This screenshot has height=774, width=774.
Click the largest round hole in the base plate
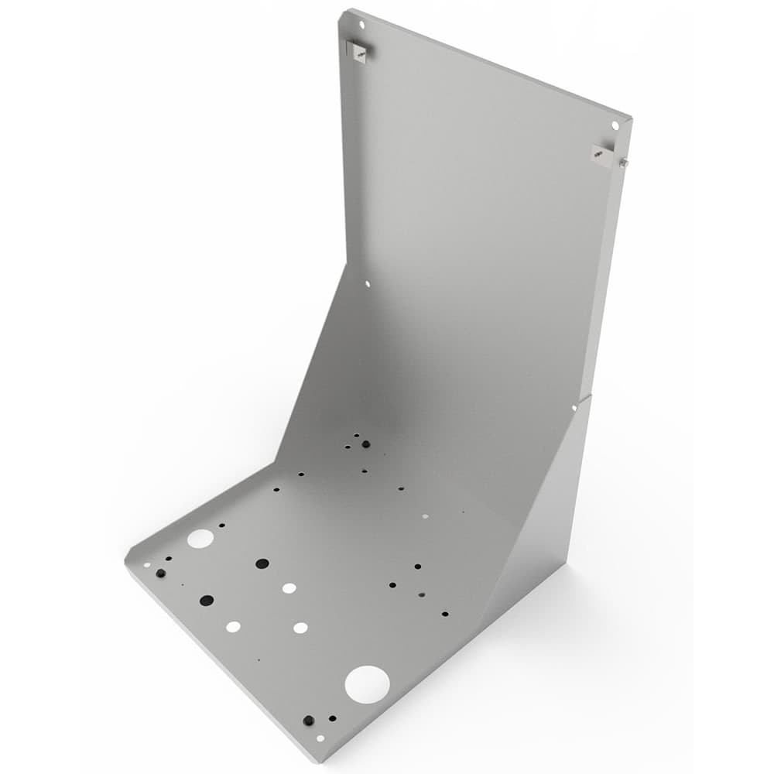(x=367, y=684)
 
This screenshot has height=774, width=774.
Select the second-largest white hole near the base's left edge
(x=200, y=539)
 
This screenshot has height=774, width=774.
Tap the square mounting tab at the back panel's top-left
(x=357, y=51)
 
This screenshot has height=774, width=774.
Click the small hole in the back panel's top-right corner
(x=615, y=125)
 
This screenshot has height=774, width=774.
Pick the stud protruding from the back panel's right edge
(x=623, y=163)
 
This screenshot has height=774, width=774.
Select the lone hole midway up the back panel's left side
(x=368, y=284)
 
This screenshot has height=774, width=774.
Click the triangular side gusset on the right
(x=542, y=511)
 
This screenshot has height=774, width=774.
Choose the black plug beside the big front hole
(x=309, y=720)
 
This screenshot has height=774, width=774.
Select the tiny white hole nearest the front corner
(x=320, y=738)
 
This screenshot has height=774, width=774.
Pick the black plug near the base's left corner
(x=160, y=574)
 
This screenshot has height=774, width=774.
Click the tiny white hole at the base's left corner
(x=146, y=564)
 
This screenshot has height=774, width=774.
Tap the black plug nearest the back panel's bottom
(x=365, y=444)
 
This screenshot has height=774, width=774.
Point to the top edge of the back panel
(x=488, y=66)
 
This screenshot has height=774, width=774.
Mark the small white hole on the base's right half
(x=425, y=515)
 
